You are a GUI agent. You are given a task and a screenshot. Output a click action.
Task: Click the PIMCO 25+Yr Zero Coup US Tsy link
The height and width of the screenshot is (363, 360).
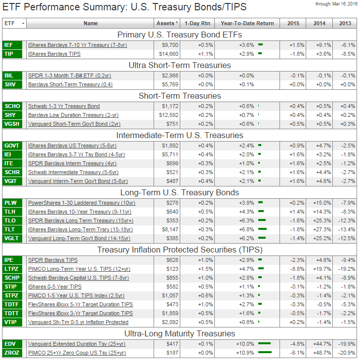[x=77, y=353]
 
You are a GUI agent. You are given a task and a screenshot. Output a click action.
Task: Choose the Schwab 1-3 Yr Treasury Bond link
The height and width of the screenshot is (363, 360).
[x=64, y=106]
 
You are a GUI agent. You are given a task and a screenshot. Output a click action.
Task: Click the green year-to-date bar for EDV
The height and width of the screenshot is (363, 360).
[x=265, y=343]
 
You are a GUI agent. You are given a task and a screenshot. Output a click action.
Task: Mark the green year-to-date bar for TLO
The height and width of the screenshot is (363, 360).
[x=262, y=220]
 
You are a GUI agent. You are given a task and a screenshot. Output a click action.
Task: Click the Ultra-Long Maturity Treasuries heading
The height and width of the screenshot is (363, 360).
[x=179, y=333]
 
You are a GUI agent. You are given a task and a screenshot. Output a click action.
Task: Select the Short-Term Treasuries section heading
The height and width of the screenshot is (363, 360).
[x=179, y=96]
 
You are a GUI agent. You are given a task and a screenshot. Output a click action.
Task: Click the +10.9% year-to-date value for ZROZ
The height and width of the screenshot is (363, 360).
[x=245, y=353]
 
